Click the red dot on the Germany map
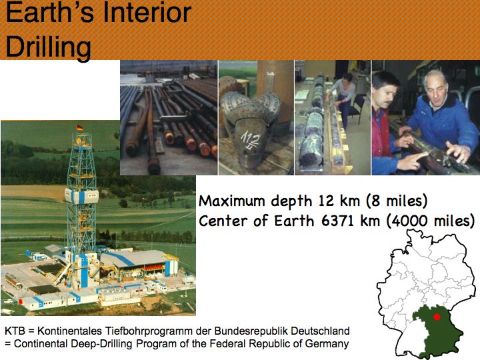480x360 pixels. pos(437,317)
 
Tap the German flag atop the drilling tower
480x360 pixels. pos(80,127)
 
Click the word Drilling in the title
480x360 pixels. pos(49,47)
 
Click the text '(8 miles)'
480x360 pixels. pos(397,201)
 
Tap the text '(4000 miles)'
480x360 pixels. pos(431,221)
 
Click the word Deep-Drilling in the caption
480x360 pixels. pos(102,344)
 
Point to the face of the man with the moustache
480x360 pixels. pos(387,93)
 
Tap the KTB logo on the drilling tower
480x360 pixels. pos(91,195)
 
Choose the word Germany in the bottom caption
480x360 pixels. pos(327,344)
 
